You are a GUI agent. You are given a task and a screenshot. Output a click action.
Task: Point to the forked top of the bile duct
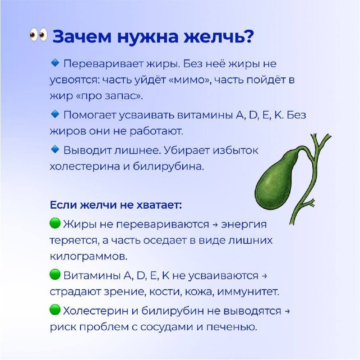[320, 142]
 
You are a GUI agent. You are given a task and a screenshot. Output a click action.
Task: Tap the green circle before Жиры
[55, 223]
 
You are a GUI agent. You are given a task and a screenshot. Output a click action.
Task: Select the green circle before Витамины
[55, 274]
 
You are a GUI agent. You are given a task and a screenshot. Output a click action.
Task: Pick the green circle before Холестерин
[55, 310]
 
